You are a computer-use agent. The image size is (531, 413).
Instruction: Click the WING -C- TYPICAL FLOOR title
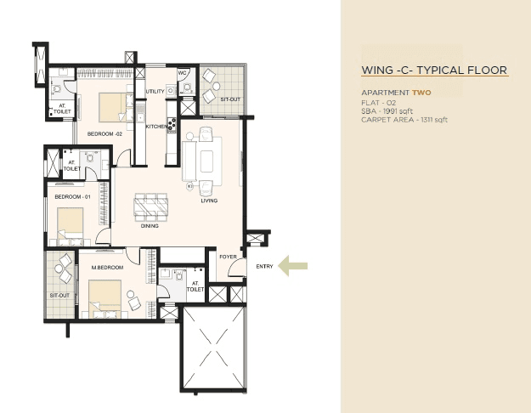(434, 71)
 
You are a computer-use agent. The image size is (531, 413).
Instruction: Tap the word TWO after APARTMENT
(421, 92)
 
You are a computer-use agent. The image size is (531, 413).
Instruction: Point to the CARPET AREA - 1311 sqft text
(404, 120)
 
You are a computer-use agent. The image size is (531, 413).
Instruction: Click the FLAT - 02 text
(378, 102)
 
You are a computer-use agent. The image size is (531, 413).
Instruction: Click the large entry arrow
(293, 267)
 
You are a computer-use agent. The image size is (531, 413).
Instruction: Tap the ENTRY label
(264, 268)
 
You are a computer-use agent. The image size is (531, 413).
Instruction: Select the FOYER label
(228, 255)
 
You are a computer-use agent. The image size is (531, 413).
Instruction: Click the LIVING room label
(209, 201)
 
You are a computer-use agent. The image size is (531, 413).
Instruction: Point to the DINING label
(150, 227)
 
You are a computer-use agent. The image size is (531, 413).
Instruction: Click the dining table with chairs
(151, 207)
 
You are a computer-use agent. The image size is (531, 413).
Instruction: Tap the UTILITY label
(155, 91)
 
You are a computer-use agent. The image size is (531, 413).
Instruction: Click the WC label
(182, 73)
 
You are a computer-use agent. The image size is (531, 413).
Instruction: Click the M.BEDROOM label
(107, 268)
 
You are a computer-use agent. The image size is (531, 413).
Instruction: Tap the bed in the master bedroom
(105, 297)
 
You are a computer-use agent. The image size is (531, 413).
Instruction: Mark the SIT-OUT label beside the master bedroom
(59, 295)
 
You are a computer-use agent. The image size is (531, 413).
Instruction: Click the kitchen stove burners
(172, 125)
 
